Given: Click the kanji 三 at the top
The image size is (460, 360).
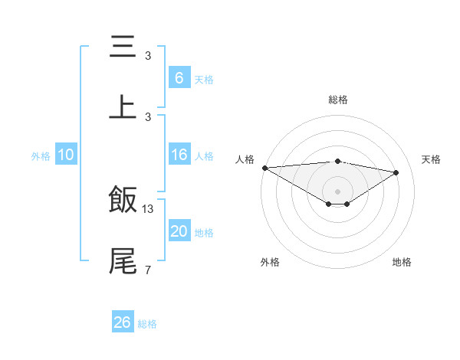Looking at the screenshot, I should coord(123,47).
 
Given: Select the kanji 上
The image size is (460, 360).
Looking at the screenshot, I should coord(123,107).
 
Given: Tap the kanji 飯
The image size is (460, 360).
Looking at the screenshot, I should coord(123,200).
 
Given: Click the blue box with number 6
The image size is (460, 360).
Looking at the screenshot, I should coord(179,77).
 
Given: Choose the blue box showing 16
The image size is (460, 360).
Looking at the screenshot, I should coord(179,155).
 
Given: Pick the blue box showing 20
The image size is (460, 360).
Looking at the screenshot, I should coord(179,231).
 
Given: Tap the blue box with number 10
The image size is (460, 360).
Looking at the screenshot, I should coord(66,155).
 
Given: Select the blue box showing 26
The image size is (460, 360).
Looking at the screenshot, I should coord(123,322).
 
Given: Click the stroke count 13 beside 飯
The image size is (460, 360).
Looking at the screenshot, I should coord(148,208).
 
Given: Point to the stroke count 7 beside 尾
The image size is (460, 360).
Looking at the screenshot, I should coord(148,270).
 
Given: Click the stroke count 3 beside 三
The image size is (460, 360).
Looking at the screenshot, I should coord(148,55).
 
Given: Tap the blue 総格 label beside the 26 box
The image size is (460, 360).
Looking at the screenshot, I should coord(147,324).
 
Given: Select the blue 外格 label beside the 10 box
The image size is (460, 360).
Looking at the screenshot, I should coord(41,156).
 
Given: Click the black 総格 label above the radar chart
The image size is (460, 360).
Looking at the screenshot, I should coord(338,100).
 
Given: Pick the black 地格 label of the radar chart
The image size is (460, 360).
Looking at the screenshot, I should coord(402,262).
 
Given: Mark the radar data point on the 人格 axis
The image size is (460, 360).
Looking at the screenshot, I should coord(264,168).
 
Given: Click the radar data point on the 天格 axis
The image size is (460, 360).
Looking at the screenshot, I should coord(396,172).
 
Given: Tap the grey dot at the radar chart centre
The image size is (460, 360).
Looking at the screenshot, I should coord(338,191).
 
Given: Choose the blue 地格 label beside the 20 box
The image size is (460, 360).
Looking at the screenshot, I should coord(204,233).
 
